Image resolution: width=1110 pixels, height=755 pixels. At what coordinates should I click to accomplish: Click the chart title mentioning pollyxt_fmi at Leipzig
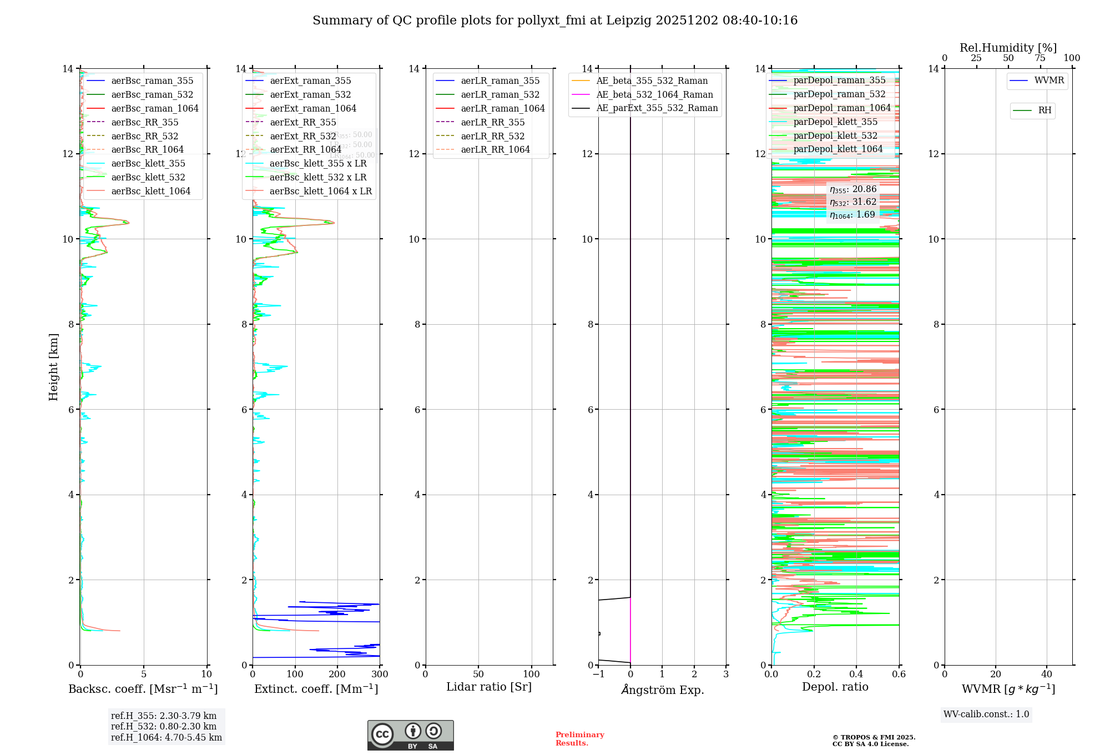(x=555, y=21)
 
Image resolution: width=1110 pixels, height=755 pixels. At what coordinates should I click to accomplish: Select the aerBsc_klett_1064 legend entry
(x=150, y=191)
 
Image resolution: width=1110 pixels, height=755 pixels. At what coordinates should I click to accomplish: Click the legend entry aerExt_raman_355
(x=310, y=80)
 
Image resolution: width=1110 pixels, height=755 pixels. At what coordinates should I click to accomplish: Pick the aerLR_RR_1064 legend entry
(x=495, y=149)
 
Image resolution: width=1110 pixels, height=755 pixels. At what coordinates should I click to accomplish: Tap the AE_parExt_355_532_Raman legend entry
(x=657, y=108)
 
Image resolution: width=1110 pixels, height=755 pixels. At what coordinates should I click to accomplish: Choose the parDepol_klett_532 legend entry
(x=835, y=135)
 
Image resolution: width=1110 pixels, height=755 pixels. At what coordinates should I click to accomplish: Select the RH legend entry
(x=1045, y=110)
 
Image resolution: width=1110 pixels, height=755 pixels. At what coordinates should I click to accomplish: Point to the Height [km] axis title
(x=53, y=366)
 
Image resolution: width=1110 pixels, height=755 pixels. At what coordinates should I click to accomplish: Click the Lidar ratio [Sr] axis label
(x=489, y=687)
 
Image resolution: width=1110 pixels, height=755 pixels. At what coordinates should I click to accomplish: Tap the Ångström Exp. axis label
(x=662, y=689)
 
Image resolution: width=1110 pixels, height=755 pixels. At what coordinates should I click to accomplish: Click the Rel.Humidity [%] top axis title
(x=1008, y=48)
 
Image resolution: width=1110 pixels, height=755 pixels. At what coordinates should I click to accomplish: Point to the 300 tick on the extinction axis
(x=380, y=675)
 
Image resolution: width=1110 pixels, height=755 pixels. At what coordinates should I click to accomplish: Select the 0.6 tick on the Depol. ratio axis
(x=899, y=675)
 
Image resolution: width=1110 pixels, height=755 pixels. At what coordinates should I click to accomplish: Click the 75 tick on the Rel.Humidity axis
(x=1040, y=58)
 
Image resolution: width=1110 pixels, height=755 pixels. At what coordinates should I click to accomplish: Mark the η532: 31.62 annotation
(x=853, y=202)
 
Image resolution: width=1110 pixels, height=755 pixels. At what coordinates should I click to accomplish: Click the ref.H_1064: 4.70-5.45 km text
(x=167, y=738)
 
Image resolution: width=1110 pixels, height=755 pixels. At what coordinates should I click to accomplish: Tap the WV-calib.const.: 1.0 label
(x=986, y=714)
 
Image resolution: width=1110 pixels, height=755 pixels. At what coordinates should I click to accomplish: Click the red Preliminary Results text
(x=579, y=739)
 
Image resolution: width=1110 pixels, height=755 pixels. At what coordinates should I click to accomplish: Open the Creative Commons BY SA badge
(x=410, y=736)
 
